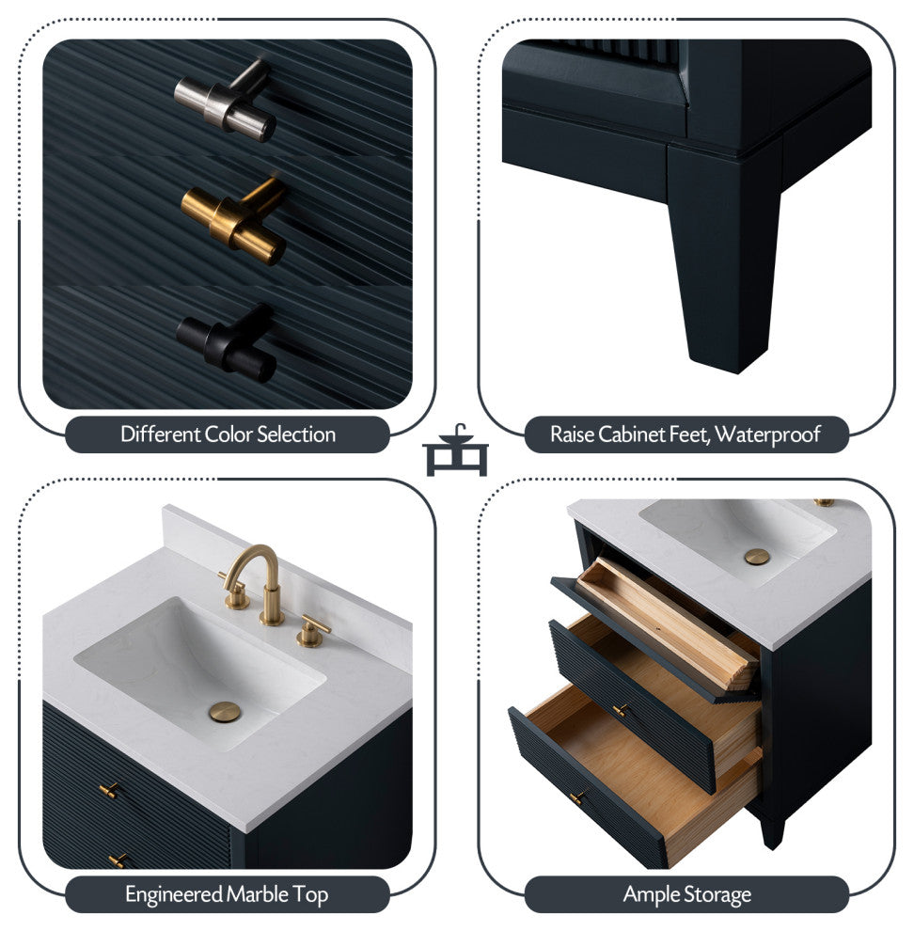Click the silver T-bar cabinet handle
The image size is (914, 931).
(x=226, y=101)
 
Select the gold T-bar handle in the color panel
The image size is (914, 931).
(x=234, y=221)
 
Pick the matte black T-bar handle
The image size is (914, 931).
(x=227, y=343)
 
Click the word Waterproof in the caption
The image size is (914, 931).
(x=767, y=434)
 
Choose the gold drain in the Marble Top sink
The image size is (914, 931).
(x=225, y=712)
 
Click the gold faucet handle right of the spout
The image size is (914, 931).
(x=312, y=632)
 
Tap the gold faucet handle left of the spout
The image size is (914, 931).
(x=234, y=593)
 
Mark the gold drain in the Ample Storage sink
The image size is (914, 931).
(x=757, y=557)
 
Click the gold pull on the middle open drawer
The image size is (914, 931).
(x=620, y=710)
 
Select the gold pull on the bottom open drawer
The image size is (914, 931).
(x=576, y=797)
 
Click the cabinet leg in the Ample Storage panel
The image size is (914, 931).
(x=772, y=830)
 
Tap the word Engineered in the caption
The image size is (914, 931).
(x=174, y=894)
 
